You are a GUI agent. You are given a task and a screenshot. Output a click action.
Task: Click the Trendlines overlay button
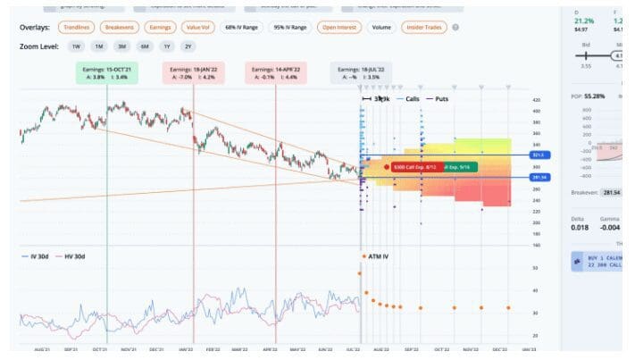pyautogui.click(x=77, y=28)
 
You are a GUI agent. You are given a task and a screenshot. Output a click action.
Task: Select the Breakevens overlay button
pyautogui.click(x=118, y=28)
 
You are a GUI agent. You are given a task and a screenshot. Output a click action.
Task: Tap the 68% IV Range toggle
pyautogui.click(x=242, y=28)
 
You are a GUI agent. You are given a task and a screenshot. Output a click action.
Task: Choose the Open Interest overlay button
pyautogui.click(x=339, y=28)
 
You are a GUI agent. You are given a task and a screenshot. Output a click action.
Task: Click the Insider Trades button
pyautogui.click(x=425, y=28)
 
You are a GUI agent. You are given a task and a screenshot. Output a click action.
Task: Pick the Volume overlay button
pyautogui.click(x=381, y=28)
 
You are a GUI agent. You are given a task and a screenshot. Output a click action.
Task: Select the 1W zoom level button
pyautogui.click(x=77, y=46)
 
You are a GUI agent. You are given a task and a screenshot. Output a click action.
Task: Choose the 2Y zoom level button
pyautogui.click(x=188, y=46)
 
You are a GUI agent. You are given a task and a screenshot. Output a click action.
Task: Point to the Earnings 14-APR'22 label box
pyautogui.click(x=275, y=73)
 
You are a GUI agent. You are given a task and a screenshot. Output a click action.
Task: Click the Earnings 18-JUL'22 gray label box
pyautogui.click(x=359, y=73)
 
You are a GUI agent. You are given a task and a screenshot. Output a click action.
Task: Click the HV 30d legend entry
pyautogui.click(x=73, y=257)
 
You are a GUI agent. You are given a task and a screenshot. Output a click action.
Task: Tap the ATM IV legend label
pyautogui.click(x=378, y=256)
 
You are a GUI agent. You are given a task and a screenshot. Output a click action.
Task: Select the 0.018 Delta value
pyautogui.click(x=580, y=228)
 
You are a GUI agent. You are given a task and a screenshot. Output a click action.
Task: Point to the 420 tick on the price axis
pyautogui.click(x=537, y=100)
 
